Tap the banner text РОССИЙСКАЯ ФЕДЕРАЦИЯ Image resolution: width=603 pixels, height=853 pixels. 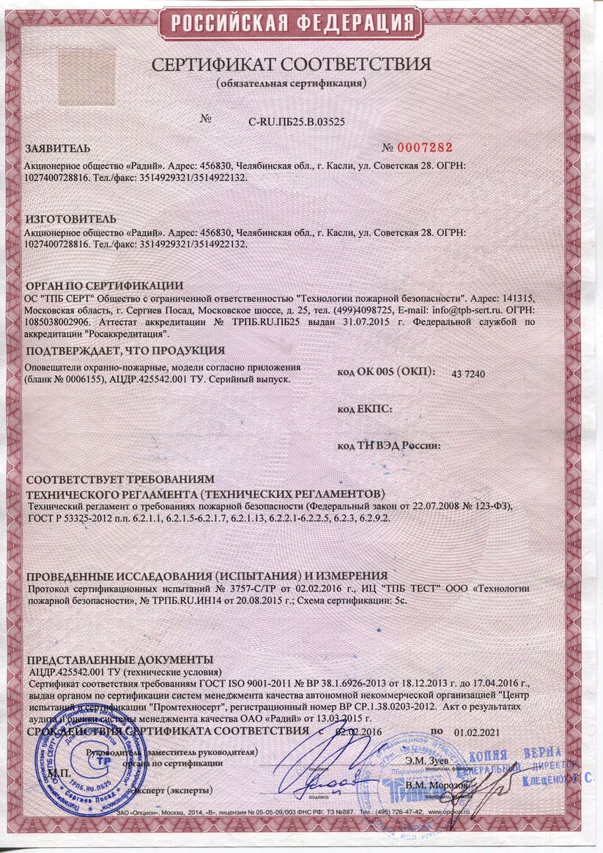[x=301, y=24]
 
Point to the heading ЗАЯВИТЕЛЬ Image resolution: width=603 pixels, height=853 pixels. [x=59, y=147]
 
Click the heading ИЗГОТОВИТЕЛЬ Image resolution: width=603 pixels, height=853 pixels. [x=70, y=219]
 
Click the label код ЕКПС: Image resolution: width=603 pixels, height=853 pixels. [x=364, y=409]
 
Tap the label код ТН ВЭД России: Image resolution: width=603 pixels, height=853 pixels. [x=388, y=445]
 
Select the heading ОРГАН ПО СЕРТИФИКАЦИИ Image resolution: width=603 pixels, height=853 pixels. [x=104, y=285]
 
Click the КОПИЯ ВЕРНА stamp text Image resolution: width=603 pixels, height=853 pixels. [x=525, y=755]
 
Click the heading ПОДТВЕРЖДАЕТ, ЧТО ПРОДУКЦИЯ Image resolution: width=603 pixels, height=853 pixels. [x=125, y=350]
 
